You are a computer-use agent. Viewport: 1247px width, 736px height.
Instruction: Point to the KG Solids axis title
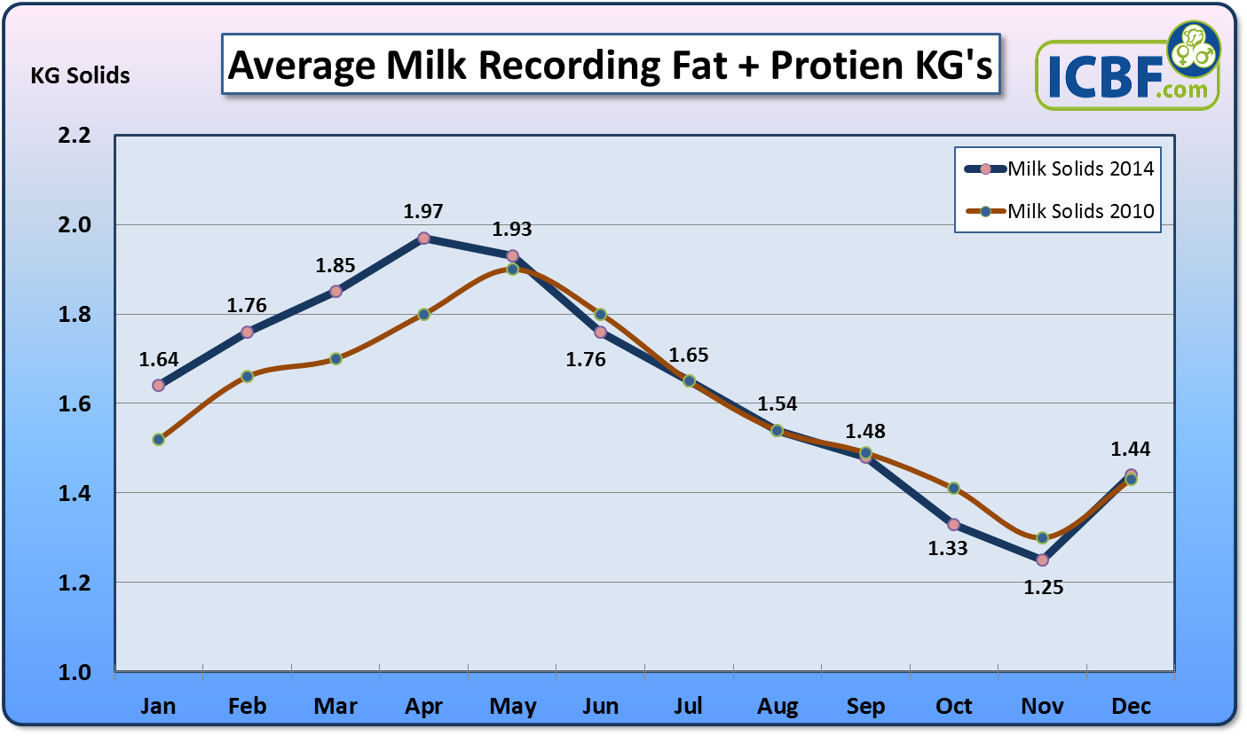pos(81,76)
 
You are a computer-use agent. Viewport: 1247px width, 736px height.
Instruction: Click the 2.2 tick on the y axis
pos(75,136)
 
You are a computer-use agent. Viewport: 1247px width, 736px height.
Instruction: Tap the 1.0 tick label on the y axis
pos(75,672)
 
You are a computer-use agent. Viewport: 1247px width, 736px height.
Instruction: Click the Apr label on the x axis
pos(423,706)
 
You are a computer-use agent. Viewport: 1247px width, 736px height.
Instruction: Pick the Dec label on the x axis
pos(1131,706)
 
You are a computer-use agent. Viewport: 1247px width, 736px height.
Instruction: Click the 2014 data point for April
pos(423,239)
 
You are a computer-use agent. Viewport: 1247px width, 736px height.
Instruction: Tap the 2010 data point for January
pos(158,439)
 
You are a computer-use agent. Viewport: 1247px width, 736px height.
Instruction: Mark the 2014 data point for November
pos(1042,560)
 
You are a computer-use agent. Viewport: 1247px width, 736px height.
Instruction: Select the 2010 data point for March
pos(335,358)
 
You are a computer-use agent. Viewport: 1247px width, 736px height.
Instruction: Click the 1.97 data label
pos(423,212)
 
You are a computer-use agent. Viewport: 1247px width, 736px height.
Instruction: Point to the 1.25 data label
pos(1042,588)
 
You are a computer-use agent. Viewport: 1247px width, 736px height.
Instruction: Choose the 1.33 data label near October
pos(948,548)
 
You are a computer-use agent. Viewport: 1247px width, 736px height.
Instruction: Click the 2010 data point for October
pos(953,488)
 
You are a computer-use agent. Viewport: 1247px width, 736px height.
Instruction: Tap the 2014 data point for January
pos(158,385)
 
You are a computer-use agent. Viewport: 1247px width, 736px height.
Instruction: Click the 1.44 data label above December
pos(1131,450)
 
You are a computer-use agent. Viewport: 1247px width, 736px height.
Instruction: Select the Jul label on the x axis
pos(689,706)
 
